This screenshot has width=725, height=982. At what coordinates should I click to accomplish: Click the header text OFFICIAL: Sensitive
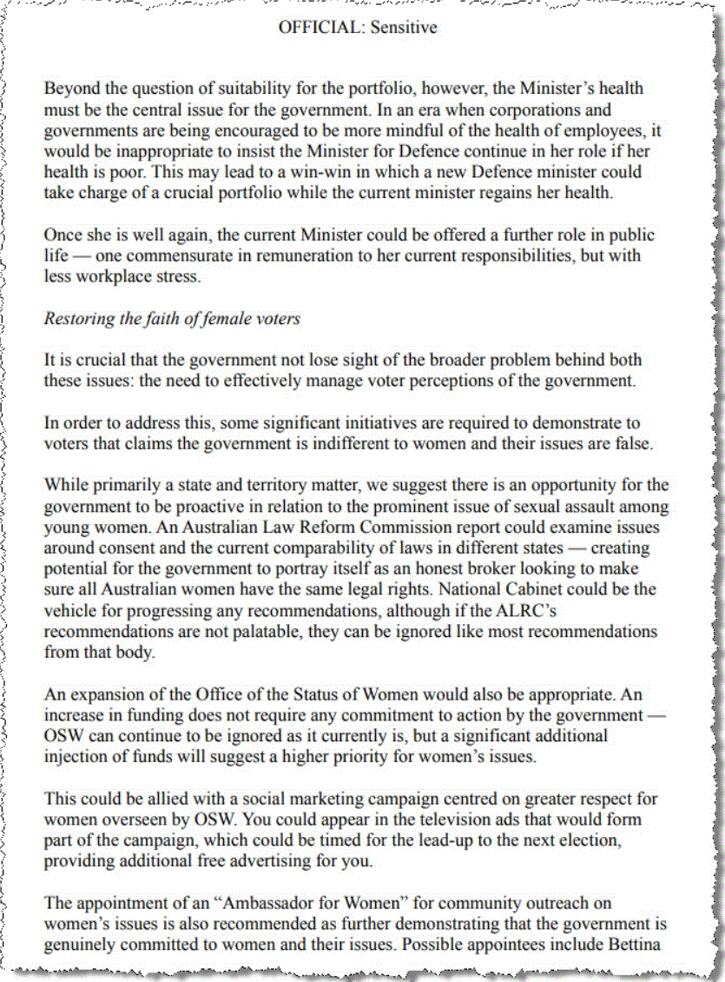point(357,28)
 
